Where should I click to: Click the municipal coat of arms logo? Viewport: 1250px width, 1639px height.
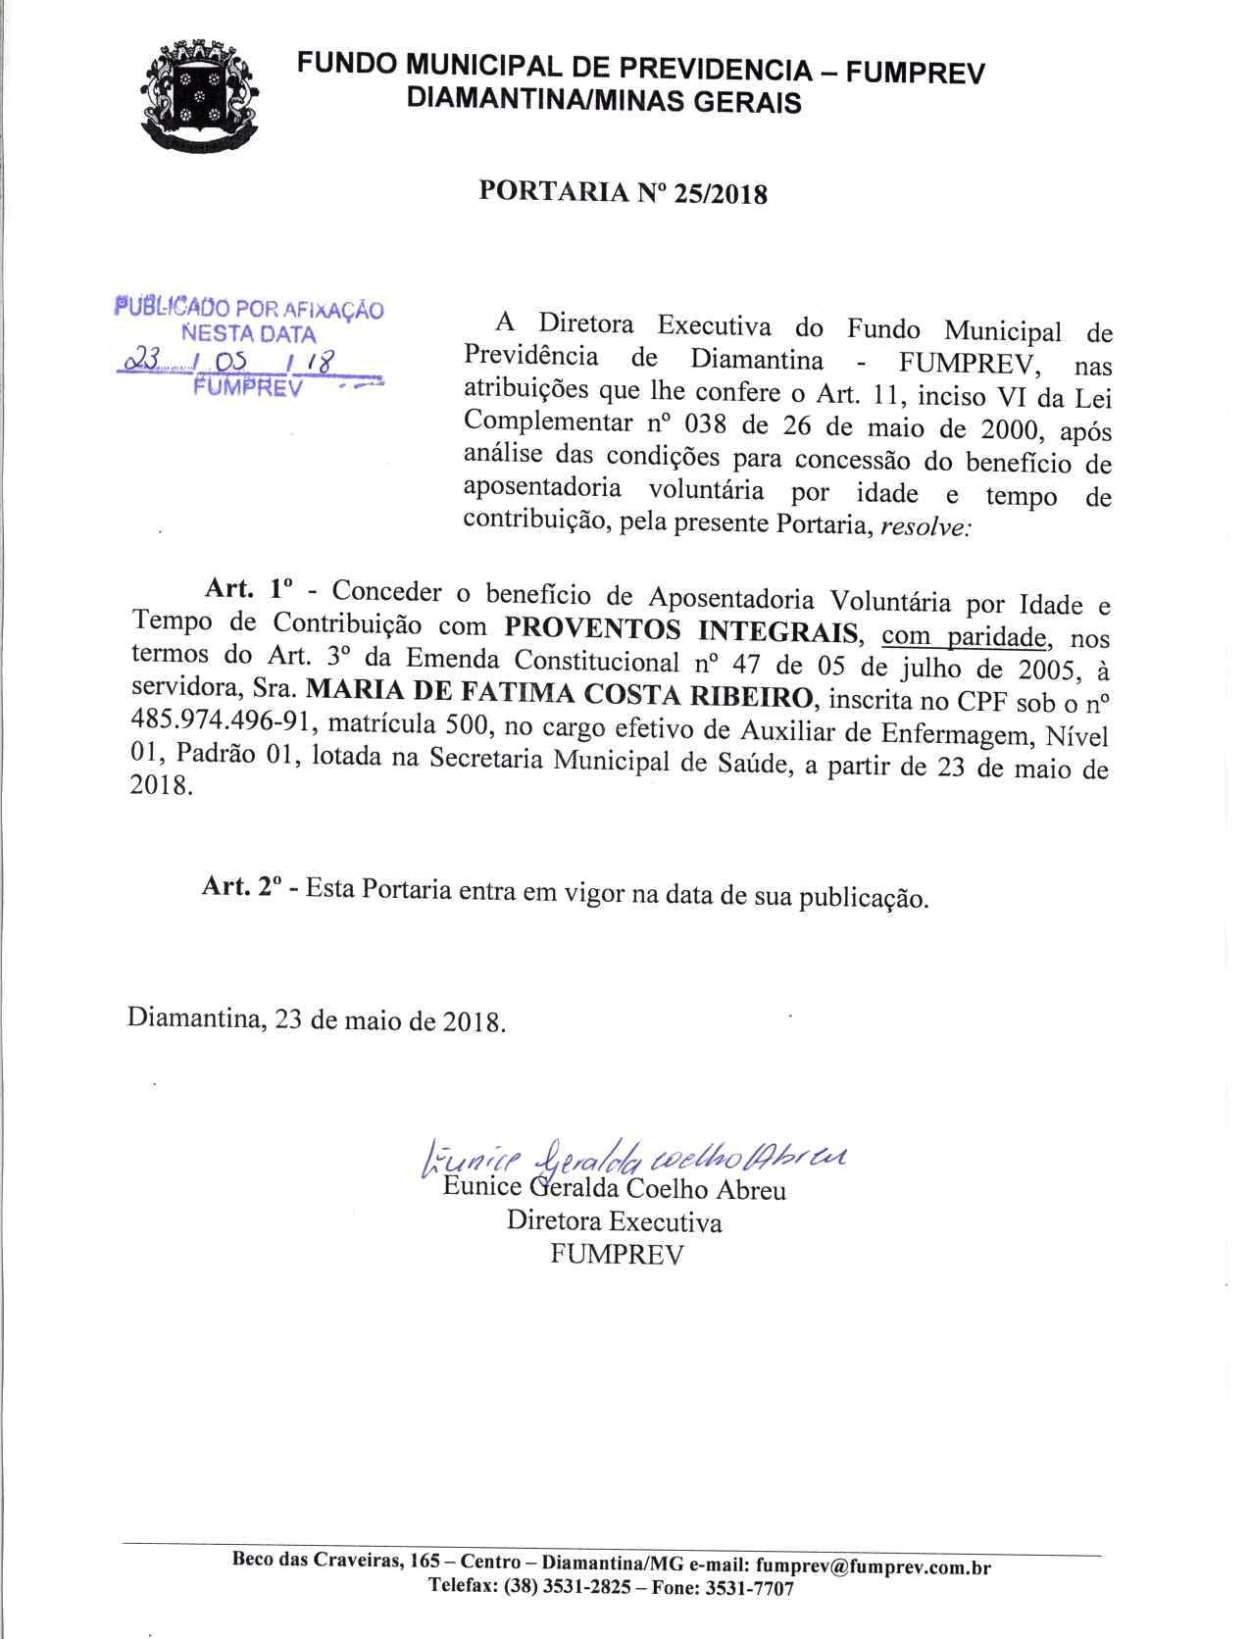click(201, 94)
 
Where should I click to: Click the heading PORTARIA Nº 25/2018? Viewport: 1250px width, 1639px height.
click(623, 192)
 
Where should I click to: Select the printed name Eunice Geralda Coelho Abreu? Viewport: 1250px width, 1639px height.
click(614, 1191)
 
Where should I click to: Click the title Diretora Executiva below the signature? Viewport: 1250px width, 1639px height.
click(614, 1222)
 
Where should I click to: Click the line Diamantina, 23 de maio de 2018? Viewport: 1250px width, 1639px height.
click(317, 1019)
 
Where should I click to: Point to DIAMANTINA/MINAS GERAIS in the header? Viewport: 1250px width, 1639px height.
click(603, 101)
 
